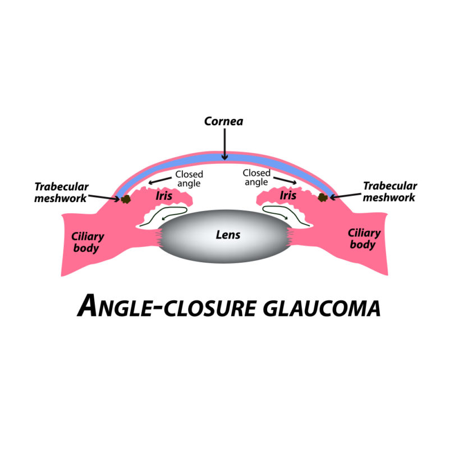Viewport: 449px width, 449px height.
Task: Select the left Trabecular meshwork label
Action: (61, 191)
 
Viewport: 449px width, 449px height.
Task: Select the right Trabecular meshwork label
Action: (390, 191)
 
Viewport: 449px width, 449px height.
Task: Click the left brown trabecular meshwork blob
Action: (126, 199)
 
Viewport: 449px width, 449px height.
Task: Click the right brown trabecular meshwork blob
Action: (323, 197)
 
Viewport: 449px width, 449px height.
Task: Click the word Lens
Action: (228, 235)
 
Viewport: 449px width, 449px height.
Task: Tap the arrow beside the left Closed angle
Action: (161, 182)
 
